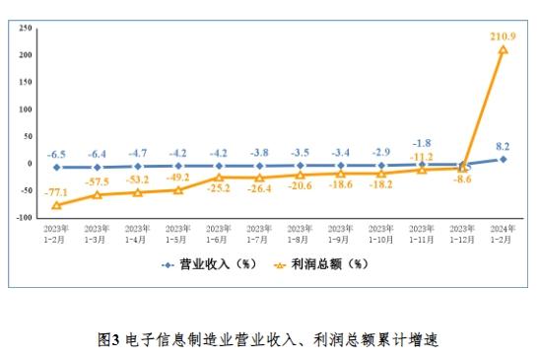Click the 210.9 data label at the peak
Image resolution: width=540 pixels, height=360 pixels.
(504, 36)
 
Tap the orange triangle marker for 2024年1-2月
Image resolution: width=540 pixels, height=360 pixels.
(503, 49)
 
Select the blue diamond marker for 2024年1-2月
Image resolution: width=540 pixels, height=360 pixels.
(503, 159)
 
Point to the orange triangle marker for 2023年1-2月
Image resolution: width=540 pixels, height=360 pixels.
(56, 205)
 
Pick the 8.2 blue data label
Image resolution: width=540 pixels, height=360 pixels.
(503, 146)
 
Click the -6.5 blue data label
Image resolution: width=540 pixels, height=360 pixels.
(56, 154)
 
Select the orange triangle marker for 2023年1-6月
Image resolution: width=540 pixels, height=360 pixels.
(219, 177)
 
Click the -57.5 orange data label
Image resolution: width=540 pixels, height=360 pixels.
(97, 183)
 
